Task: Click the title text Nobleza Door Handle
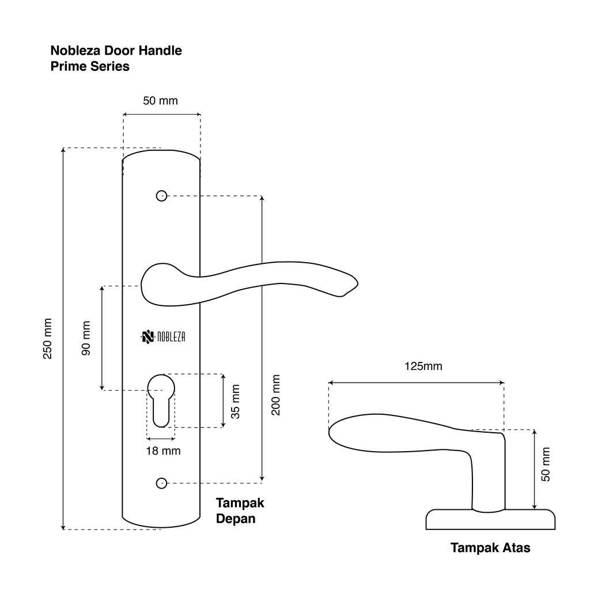tap(116, 51)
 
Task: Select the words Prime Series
tap(90, 66)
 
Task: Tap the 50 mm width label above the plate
tap(160, 101)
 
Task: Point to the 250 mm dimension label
tap(48, 339)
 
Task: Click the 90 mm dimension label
tap(86, 339)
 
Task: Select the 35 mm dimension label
tap(235, 401)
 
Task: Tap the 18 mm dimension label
tap(163, 451)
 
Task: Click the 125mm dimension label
tap(423, 366)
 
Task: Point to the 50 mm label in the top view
tap(546, 464)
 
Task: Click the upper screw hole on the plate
tap(161, 196)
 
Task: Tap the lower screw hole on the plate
tap(161, 482)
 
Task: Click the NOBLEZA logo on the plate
tap(163, 337)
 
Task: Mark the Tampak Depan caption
tap(240, 510)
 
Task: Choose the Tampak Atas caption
tap(490, 548)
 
